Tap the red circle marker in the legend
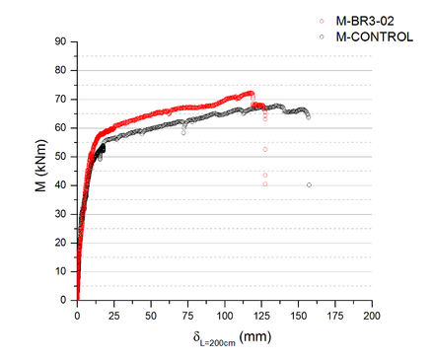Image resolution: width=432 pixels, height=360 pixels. tap(322, 21)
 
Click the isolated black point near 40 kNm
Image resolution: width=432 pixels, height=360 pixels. tap(310, 184)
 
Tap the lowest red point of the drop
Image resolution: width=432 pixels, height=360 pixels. tap(265, 183)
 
